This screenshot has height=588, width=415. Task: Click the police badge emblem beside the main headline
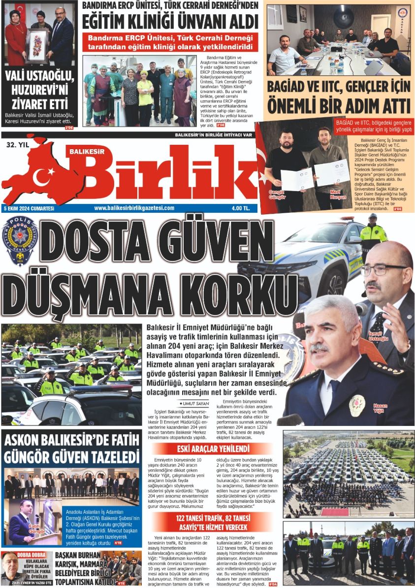tap(19, 239)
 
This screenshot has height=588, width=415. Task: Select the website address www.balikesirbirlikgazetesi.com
tap(134, 208)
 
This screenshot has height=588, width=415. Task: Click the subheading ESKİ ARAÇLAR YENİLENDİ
tap(214, 449)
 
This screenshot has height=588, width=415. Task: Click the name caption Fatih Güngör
tap(37, 529)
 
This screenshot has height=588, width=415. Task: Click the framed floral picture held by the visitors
tap(37, 45)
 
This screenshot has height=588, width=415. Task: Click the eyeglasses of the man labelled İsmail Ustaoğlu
tap(382, 269)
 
